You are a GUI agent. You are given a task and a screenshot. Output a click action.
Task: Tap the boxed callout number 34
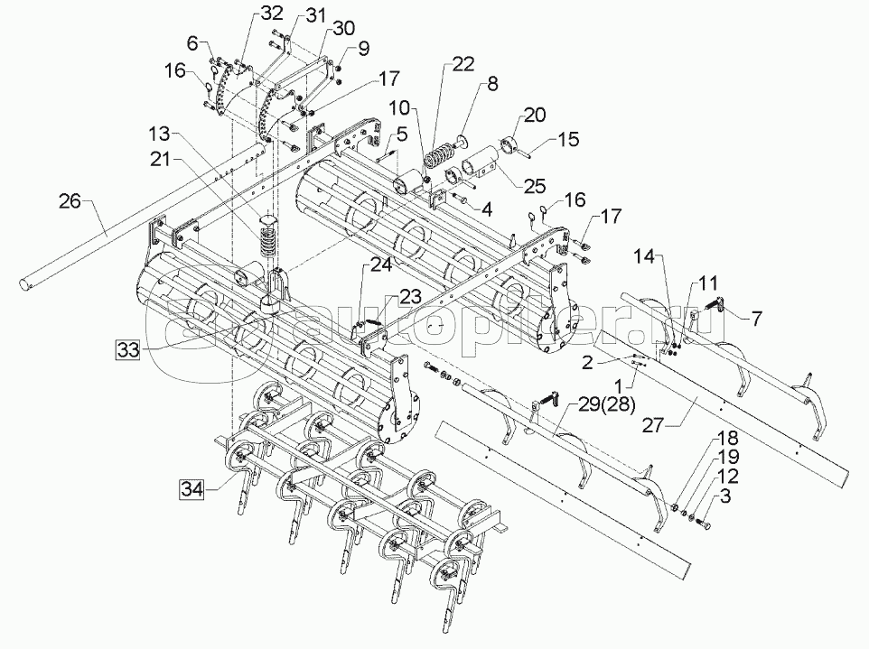pos(191,490)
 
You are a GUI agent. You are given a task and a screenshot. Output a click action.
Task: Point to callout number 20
pos(535,115)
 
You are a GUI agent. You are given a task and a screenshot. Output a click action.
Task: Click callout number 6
pos(192,42)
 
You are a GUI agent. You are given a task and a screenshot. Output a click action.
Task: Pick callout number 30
pos(319,29)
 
